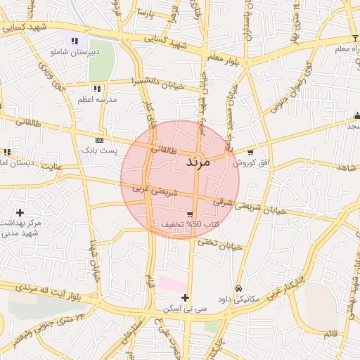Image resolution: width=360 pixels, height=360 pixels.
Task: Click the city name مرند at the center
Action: point(198,162)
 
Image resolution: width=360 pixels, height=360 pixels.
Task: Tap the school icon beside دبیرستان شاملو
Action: point(75,41)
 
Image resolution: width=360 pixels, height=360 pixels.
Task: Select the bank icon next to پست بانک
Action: point(98,140)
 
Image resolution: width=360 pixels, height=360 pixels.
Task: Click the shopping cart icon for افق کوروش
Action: point(250,152)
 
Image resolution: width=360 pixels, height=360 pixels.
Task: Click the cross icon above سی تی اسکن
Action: point(185,298)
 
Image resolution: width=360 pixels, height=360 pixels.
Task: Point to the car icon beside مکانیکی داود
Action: point(239,289)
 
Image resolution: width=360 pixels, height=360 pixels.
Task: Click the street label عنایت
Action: point(52,167)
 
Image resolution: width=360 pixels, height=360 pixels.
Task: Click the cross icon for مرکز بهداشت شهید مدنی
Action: point(20,212)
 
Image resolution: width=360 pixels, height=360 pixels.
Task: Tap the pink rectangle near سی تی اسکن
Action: point(172,285)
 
